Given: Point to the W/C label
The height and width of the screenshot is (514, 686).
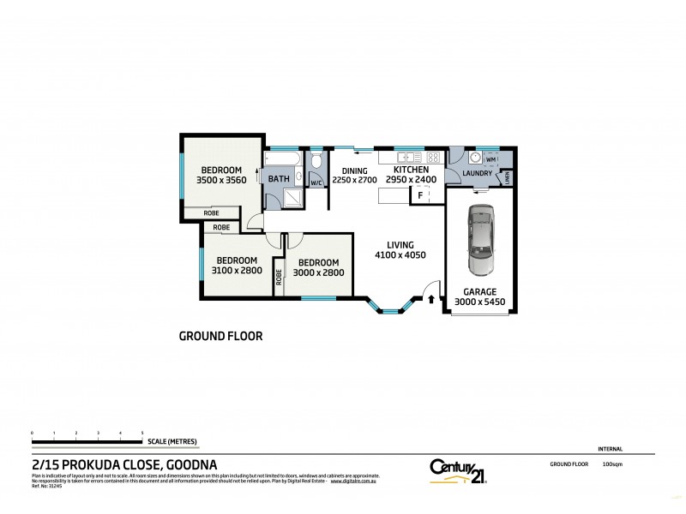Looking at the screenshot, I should pyautogui.click(x=315, y=182).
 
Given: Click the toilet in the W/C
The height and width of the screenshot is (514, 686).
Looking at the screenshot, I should pyautogui.click(x=316, y=161).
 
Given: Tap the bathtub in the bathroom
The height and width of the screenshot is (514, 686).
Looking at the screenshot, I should pyautogui.click(x=280, y=159).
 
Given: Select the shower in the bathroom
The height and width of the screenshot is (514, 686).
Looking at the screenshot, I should pyautogui.click(x=293, y=198).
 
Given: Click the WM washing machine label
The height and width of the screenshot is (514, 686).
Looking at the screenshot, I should pyautogui.click(x=490, y=160).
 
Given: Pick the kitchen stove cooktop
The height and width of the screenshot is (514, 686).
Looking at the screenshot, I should pyautogui.click(x=433, y=157).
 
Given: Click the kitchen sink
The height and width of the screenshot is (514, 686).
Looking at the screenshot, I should pyautogui.click(x=406, y=157).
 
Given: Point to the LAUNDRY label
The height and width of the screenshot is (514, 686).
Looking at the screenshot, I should pyautogui.click(x=476, y=174).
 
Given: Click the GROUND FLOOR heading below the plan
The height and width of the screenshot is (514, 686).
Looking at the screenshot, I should pyautogui.click(x=220, y=337).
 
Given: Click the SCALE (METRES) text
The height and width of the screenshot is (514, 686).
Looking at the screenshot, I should pyautogui.click(x=172, y=441).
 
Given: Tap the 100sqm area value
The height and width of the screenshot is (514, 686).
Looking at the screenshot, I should pyautogui.click(x=612, y=463).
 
